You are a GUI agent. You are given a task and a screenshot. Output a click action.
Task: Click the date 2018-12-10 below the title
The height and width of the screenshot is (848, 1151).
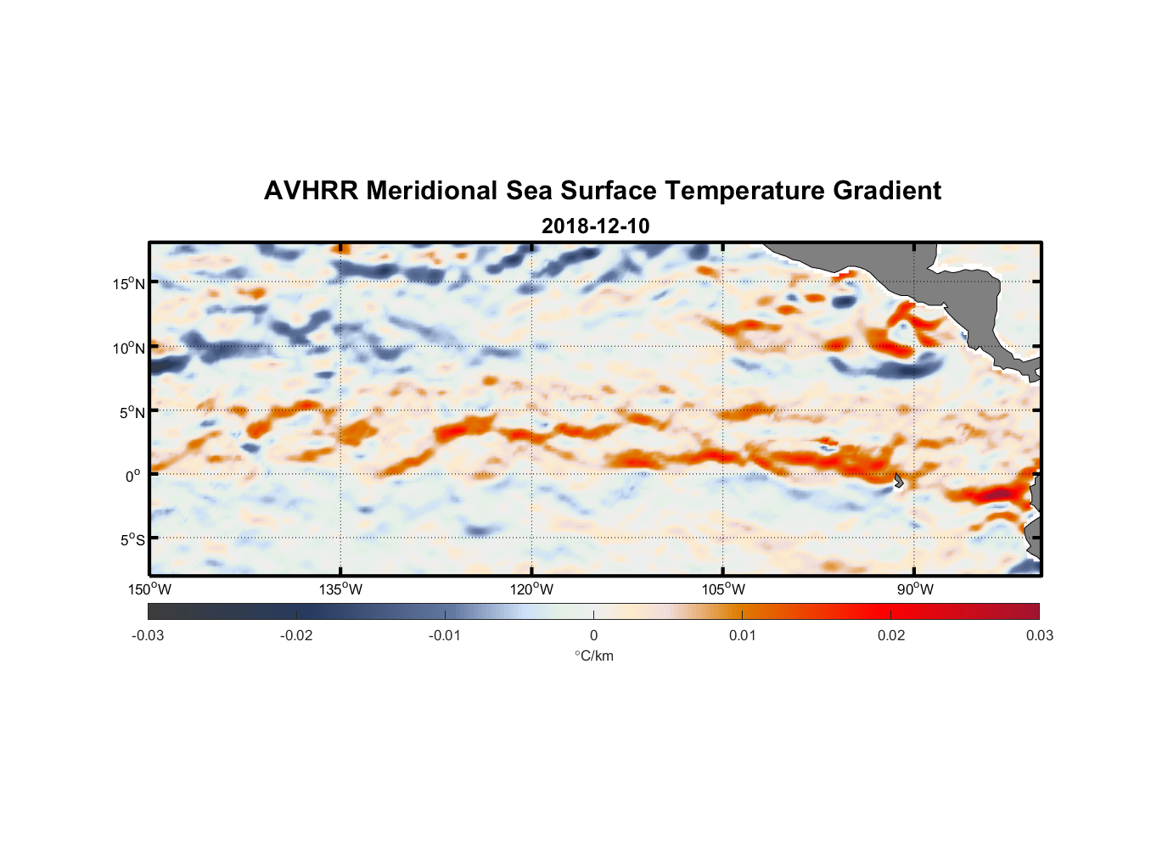(595, 226)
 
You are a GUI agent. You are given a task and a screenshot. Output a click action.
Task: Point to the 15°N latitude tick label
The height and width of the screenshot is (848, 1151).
(128, 283)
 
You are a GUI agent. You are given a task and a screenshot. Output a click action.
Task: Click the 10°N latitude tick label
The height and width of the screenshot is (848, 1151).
(128, 348)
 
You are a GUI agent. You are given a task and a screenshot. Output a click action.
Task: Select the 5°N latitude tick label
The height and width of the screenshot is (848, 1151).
(132, 412)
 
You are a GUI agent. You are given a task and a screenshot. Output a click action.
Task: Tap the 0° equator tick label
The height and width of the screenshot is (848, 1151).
(133, 476)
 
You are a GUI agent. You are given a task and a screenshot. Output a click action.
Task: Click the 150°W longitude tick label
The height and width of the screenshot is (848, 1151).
(149, 589)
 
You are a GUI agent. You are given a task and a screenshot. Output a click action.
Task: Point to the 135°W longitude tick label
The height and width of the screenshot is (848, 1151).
(340, 589)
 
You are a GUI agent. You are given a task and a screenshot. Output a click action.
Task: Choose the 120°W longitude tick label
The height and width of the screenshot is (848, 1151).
(531, 589)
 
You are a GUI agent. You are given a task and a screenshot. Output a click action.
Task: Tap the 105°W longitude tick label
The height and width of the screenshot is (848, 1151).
(723, 589)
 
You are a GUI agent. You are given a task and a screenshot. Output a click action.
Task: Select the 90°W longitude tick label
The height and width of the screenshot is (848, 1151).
(915, 589)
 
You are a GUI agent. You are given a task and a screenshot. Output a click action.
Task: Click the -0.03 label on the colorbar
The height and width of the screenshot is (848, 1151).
(148, 636)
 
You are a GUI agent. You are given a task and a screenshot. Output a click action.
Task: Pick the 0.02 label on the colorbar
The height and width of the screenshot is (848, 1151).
(890, 636)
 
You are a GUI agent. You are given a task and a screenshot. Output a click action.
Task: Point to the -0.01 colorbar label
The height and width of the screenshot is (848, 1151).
(445, 636)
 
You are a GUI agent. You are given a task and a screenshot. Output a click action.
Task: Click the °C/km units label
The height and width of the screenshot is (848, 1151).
(593, 656)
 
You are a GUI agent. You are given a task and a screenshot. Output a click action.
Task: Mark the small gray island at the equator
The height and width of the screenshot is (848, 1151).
(898, 480)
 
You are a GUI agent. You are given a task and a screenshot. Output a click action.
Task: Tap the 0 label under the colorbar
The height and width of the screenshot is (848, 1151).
(593, 636)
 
